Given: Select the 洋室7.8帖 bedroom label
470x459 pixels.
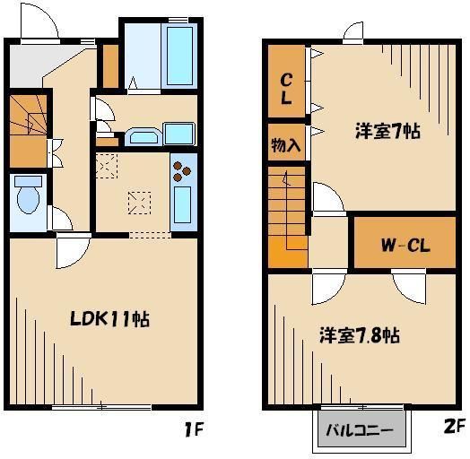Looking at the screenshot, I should [x=359, y=336].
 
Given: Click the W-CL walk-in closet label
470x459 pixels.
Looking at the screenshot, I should [x=400, y=244].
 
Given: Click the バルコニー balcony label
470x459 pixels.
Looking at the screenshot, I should [x=359, y=430].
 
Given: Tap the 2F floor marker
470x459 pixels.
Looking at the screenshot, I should [x=454, y=428].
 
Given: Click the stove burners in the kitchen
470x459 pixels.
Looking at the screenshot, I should [x=182, y=169].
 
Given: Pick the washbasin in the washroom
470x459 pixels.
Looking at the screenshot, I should [x=142, y=136].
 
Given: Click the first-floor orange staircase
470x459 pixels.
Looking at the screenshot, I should [x=27, y=130].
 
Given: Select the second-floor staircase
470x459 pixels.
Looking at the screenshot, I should [x=286, y=215].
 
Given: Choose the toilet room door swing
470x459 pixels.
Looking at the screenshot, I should [x=61, y=217].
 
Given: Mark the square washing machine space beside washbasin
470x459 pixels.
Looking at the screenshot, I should [x=179, y=134].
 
